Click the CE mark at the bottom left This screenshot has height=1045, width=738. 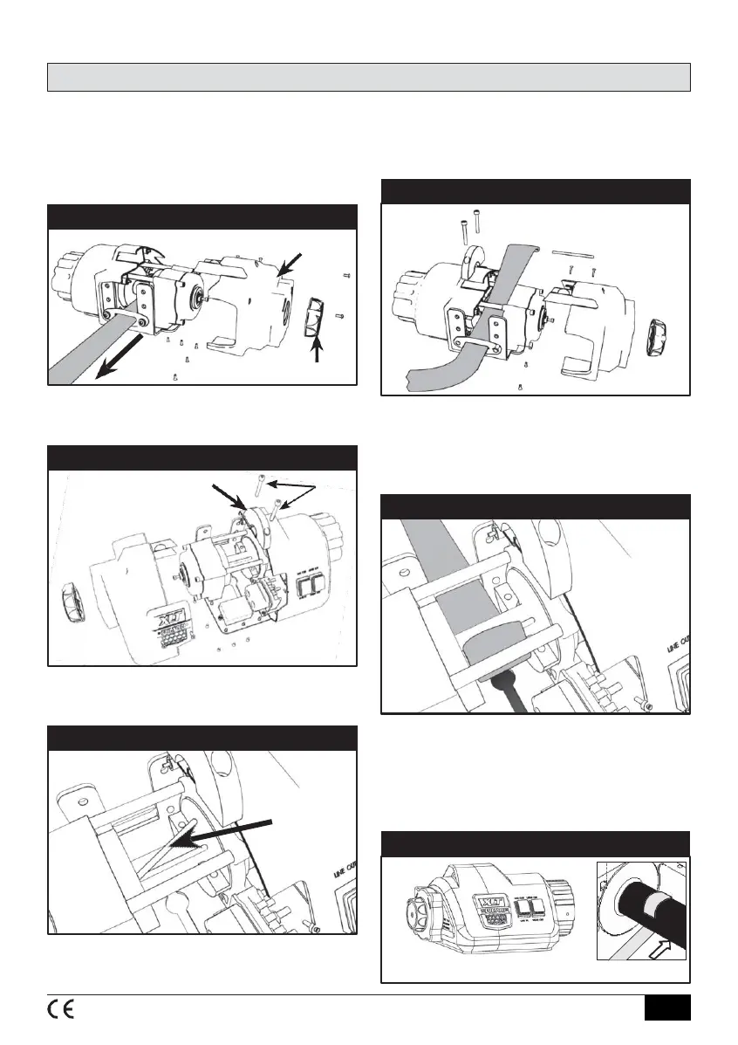(x=60, y=1008)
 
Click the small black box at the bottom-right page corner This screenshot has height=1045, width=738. (x=667, y=1007)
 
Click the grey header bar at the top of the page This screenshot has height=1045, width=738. (x=368, y=77)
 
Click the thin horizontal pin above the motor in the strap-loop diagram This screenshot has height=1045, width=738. (x=573, y=251)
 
